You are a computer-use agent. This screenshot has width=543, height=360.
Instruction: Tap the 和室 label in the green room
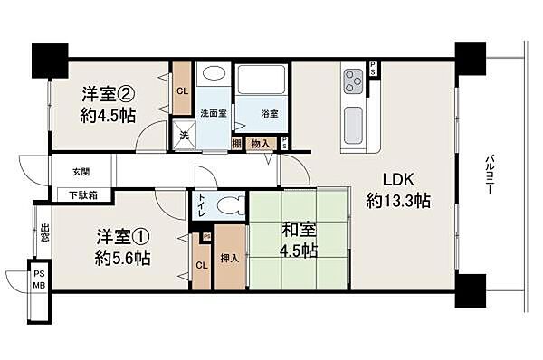pyautogui.click(x=298, y=231)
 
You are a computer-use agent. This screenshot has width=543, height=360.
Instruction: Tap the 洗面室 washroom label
pyautogui.click(x=214, y=114)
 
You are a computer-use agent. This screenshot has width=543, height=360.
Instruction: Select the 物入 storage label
pyautogui.click(x=261, y=142)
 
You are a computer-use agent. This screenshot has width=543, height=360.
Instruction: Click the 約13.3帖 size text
pyautogui.click(x=397, y=201)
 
